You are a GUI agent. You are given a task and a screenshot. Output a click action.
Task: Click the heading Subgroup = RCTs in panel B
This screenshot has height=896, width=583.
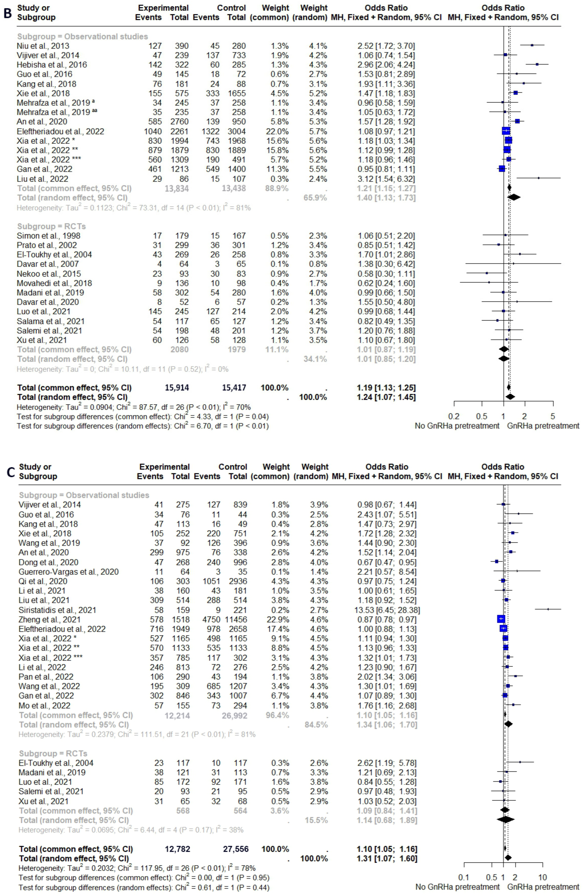[51, 226]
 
